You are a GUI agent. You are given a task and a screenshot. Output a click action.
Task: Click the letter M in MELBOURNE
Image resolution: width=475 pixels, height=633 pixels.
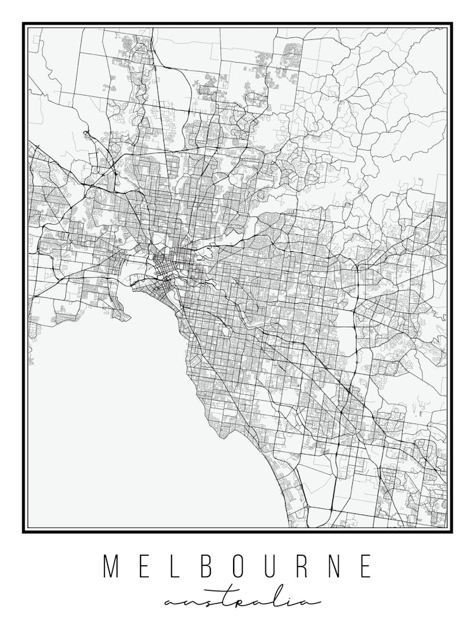tap(111, 567)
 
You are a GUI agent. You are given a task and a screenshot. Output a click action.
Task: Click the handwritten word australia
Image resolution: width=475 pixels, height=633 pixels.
tap(242, 601)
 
